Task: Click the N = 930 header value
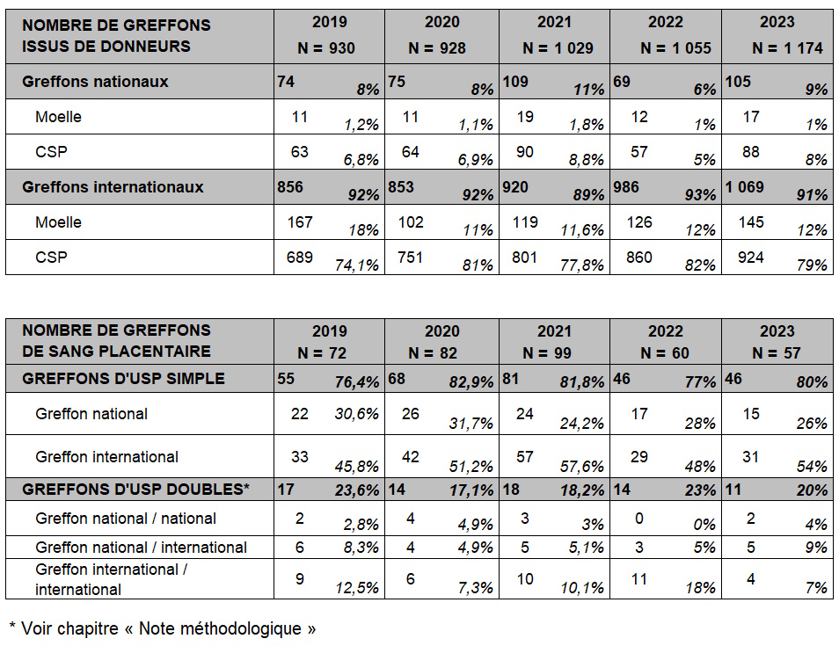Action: (x=326, y=48)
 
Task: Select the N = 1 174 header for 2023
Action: (x=787, y=48)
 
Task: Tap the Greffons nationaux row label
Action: (x=95, y=81)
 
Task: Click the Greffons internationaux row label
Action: (x=113, y=186)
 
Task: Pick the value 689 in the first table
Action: (x=300, y=258)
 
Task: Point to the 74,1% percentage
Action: (x=357, y=265)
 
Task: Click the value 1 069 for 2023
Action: (x=744, y=186)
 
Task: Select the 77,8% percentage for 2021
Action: (x=582, y=265)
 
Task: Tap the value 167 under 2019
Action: (x=300, y=222)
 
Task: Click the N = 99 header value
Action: (x=547, y=353)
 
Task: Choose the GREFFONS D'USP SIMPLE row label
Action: (x=124, y=379)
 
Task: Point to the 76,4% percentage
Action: (x=357, y=381)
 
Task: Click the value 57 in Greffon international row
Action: (x=524, y=457)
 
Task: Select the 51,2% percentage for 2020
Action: (x=471, y=467)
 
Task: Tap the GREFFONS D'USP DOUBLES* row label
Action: (x=136, y=490)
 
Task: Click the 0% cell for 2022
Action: (x=704, y=525)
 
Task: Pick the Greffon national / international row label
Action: (x=142, y=547)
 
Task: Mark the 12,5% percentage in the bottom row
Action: (x=357, y=588)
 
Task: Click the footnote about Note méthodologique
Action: (x=163, y=628)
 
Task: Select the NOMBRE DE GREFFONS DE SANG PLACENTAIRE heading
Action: (x=117, y=341)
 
